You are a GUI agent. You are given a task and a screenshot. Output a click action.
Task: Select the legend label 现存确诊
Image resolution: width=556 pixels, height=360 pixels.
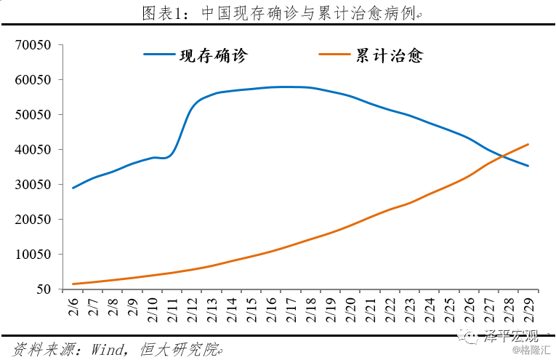(214, 55)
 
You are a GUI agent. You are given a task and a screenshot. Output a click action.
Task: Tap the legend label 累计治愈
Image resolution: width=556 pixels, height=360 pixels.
(389, 55)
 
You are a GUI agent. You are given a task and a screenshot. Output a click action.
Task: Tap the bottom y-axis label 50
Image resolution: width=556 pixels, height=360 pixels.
(43, 289)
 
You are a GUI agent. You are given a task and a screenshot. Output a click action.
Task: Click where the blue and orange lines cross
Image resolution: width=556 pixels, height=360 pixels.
(502, 156)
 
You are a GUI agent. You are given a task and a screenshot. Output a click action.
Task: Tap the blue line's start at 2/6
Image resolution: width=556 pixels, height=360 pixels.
(73, 188)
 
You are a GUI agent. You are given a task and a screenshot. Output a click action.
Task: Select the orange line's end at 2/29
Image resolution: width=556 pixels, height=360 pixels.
(528, 144)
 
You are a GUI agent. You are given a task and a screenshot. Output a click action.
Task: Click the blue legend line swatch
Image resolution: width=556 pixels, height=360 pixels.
(159, 55)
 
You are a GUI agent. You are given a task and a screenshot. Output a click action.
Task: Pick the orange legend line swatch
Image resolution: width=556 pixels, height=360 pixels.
(334, 55)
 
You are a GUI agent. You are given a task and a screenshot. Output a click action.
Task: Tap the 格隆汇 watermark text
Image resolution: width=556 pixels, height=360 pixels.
(535, 351)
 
